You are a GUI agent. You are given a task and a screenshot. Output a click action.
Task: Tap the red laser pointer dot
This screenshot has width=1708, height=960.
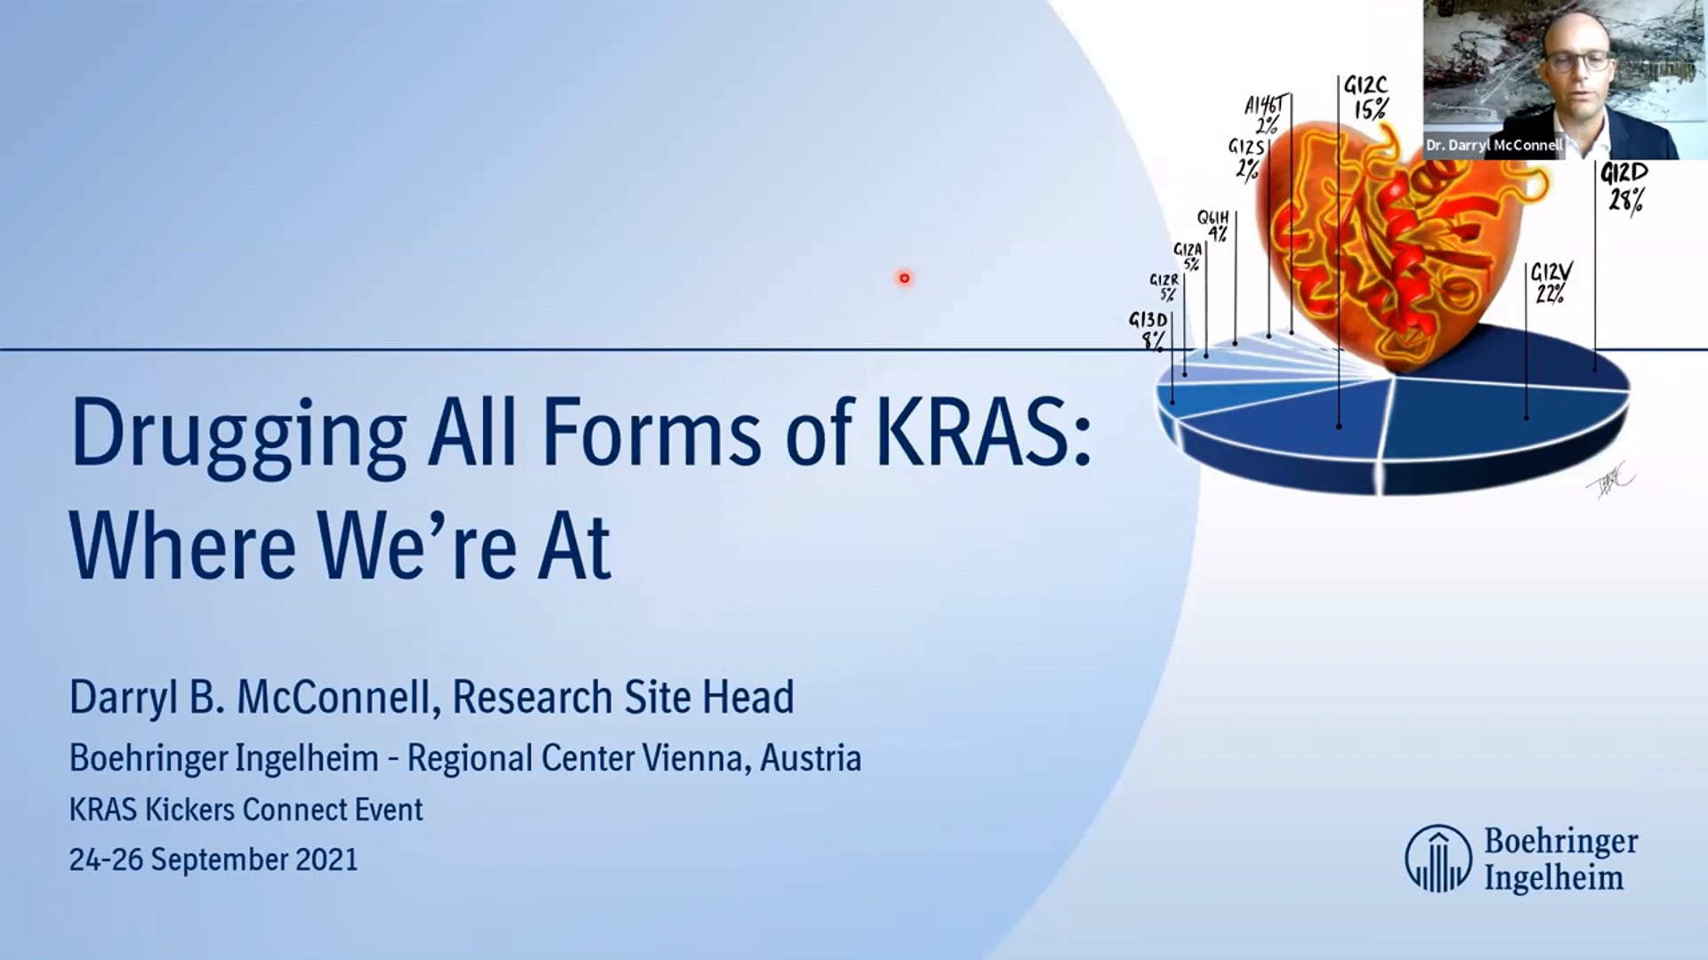point(904,278)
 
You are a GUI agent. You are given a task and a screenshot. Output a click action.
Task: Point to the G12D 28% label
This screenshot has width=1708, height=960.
point(1624,187)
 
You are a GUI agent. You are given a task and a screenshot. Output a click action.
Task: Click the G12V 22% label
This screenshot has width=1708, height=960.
point(1551,283)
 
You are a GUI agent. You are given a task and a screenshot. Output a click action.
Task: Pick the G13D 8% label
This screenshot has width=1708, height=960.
point(1148,330)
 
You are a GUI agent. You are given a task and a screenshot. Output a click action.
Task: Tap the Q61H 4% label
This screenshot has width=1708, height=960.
point(1213,226)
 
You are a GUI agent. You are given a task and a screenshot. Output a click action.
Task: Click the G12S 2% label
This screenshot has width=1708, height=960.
point(1246,157)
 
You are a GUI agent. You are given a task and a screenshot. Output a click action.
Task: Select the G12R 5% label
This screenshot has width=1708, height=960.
point(1164,287)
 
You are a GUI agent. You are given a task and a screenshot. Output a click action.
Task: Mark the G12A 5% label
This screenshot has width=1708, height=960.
point(1188,257)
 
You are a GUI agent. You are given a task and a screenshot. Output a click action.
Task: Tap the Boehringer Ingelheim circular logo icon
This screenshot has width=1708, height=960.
point(1438,859)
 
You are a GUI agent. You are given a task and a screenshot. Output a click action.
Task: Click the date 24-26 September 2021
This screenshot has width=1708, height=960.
point(213,860)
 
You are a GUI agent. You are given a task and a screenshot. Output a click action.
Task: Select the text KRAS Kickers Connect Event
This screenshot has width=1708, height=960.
point(246,810)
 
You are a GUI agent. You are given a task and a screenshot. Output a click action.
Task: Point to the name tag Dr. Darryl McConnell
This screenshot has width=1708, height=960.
point(1494,145)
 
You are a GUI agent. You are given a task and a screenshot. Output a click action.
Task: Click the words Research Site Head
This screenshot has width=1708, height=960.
point(623,697)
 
